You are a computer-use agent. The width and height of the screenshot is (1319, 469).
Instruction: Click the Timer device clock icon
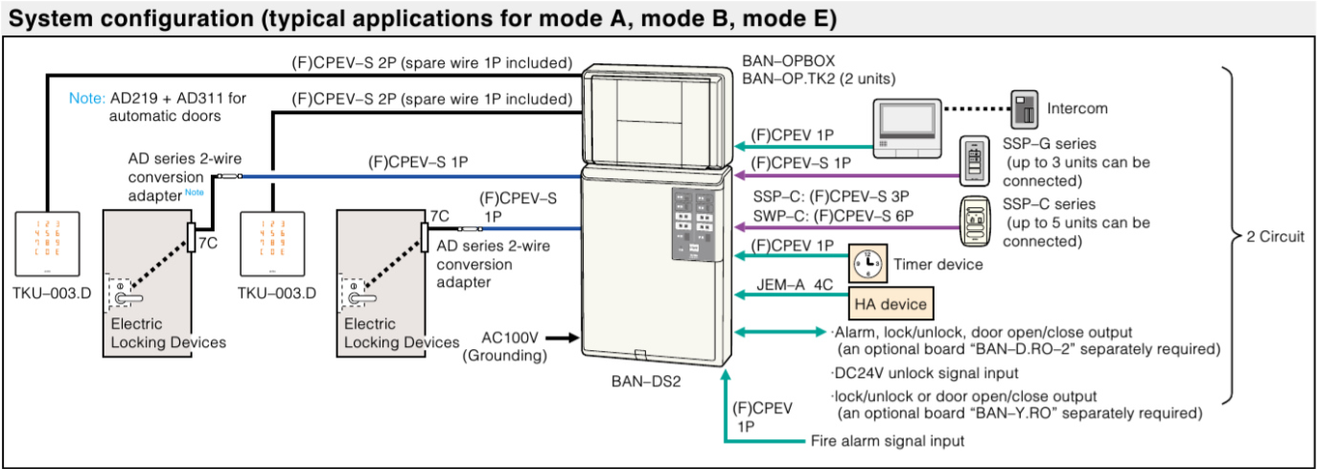point(868,262)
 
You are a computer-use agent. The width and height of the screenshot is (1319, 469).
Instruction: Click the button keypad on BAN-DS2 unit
point(692,223)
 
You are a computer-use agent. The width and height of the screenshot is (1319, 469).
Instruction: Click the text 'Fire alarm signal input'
point(881,441)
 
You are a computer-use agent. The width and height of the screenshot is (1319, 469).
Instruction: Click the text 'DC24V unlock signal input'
point(925,372)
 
